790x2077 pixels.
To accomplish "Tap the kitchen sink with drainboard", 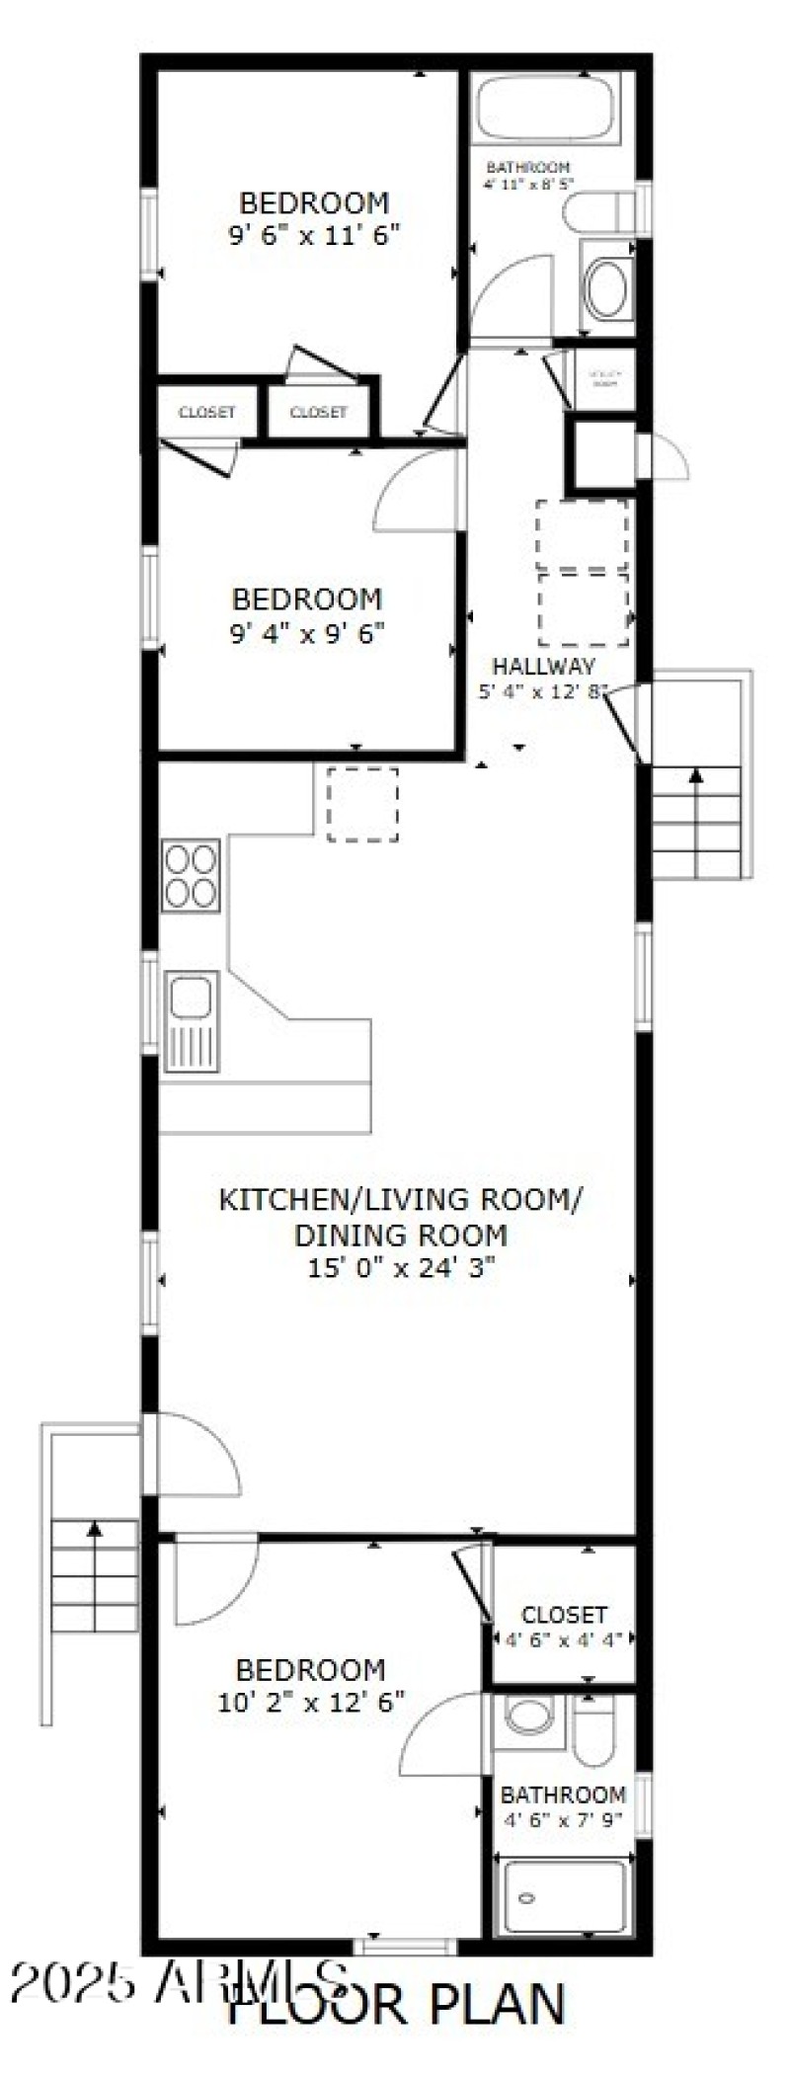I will point(192,1021).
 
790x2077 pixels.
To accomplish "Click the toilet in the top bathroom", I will point(598,211).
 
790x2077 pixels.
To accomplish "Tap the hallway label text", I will point(544,666).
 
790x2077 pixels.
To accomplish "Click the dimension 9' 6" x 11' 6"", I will point(314,235).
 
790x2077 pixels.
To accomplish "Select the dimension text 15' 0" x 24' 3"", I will point(400,1268).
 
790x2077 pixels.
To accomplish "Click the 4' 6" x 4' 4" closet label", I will point(563,1640).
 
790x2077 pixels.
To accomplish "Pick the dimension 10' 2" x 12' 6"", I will point(310,1703).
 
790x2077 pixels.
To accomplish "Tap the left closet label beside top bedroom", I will point(206,412).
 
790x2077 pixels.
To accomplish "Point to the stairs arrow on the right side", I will point(696,775).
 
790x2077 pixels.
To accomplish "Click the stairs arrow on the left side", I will point(95,1530).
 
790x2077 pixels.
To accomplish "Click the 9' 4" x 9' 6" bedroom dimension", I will point(306,632).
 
